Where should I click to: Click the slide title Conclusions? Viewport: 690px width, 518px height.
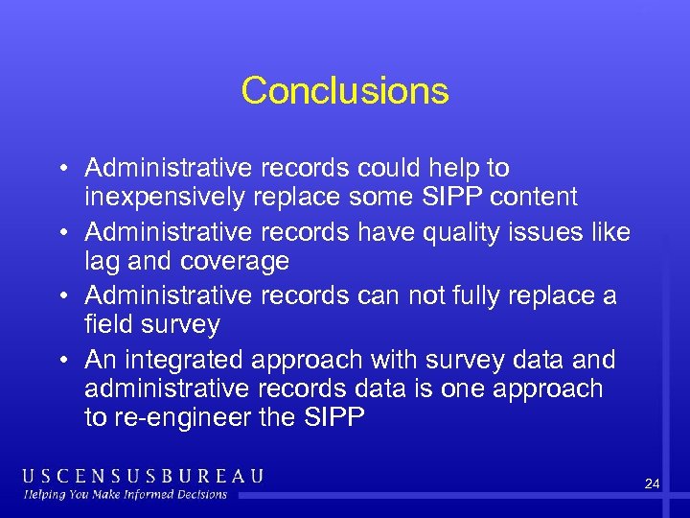click(x=345, y=91)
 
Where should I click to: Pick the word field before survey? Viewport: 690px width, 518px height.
click(x=108, y=324)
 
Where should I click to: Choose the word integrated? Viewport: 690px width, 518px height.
click(x=183, y=360)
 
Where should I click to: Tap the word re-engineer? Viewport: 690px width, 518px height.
click(x=181, y=417)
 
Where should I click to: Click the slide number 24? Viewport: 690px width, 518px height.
click(x=652, y=484)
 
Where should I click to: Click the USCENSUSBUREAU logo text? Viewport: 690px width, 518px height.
click(x=143, y=476)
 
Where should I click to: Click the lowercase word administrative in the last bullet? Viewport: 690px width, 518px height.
click(x=164, y=388)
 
